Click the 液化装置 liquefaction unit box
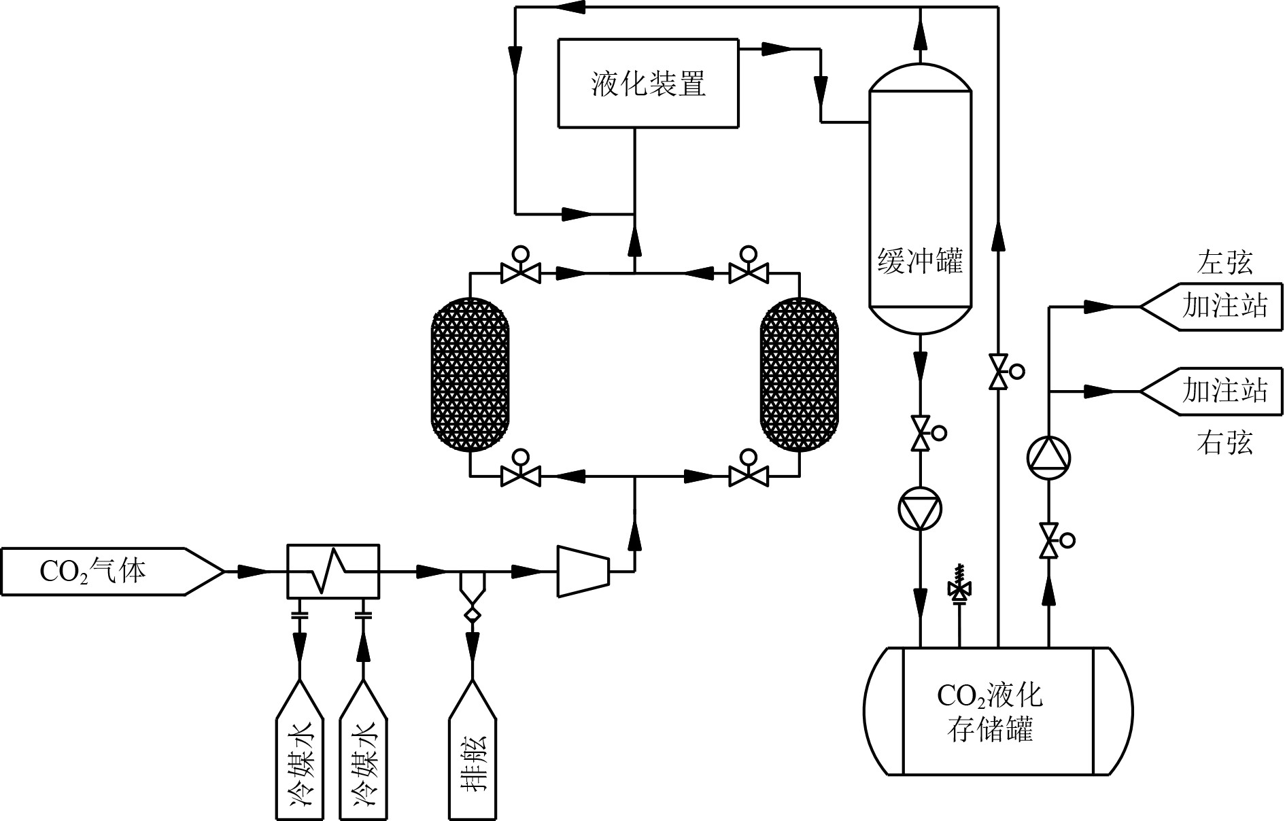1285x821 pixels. (x=648, y=83)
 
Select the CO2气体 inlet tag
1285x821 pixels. (x=94, y=572)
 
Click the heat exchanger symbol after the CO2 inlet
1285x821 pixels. (x=332, y=572)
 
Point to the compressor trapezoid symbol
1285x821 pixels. (x=583, y=572)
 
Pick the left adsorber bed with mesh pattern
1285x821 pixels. (x=470, y=374)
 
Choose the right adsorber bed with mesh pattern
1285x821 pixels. (x=799, y=374)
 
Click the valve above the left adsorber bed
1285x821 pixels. (x=521, y=273)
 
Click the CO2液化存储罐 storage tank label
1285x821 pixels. (x=989, y=712)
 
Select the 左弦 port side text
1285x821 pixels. (x=1224, y=262)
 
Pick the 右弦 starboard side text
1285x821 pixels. (x=1224, y=443)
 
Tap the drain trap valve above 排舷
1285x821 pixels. (x=472, y=597)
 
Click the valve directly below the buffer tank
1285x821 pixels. (x=921, y=433)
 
